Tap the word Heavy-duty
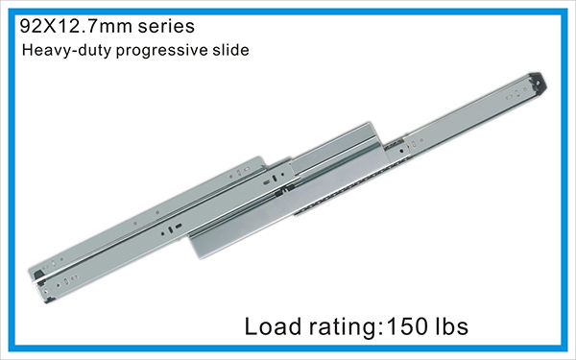(60, 49)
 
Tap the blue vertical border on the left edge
(5, 180)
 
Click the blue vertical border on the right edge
(570, 180)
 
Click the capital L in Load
(253, 326)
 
